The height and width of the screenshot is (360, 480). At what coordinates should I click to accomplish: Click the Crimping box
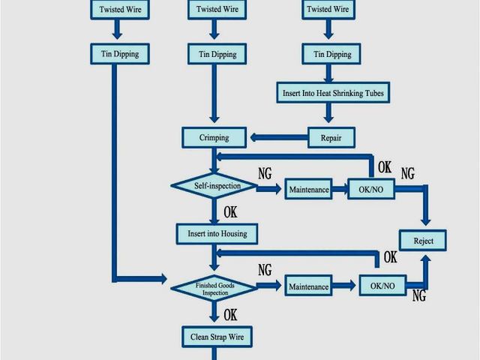coord(214,138)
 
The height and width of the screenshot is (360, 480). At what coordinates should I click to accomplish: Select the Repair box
coord(331,138)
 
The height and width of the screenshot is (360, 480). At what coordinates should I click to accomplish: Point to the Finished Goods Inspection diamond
coord(214,288)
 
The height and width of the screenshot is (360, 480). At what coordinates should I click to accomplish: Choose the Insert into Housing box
coord(217,234)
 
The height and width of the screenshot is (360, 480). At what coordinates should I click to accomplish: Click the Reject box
coord(424,241)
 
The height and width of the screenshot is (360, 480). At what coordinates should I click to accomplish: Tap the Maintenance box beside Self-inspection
coord(309,190)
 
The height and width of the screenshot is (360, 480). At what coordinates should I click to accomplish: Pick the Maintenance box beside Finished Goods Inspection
coord(308,286)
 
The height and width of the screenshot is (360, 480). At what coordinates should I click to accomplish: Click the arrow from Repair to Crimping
coord(277,138)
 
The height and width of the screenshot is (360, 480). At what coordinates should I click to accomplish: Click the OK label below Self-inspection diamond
coord(230,212)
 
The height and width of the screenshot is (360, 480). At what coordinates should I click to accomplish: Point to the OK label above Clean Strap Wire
coord(230,315)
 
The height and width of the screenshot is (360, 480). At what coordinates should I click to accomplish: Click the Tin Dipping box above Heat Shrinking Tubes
coord(327,54)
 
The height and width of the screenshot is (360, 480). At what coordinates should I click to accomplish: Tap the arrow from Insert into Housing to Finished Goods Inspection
coord(214,259)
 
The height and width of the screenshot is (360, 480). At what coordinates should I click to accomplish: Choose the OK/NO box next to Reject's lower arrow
coord(382,286)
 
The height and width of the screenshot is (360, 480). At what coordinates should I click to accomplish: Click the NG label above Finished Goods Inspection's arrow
coord(265,270)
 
